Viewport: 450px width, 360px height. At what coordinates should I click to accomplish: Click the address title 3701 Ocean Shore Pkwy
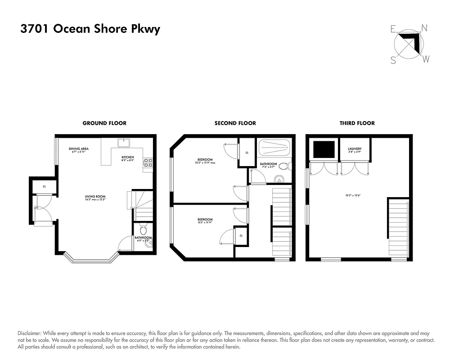click(90, 29)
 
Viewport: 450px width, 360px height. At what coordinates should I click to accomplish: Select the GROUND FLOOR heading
click(104, 123)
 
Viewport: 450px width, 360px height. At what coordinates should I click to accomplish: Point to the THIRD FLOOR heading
click(357, 123)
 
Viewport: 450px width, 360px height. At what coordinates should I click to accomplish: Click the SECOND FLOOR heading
click(235, 123)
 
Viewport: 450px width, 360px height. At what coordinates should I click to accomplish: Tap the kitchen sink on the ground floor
click(122, 143)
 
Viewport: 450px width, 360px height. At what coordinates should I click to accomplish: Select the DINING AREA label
click(78, 149)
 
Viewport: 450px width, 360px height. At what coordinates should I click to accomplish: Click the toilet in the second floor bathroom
click(283, 166)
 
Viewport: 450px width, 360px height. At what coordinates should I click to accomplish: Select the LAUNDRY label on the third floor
click(355, 149)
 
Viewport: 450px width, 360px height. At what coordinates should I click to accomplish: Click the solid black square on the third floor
click(324, 149)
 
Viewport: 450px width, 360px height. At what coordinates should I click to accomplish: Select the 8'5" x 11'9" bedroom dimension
click(205, 222)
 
